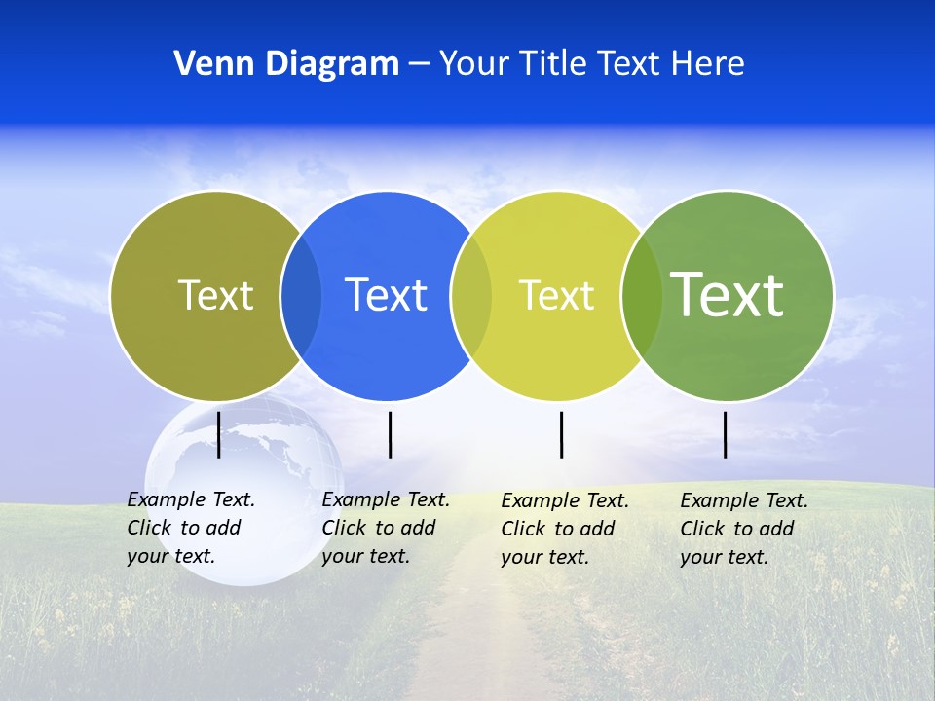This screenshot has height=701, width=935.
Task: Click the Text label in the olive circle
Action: [215, 295]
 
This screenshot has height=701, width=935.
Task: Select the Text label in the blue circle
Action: [386, 295]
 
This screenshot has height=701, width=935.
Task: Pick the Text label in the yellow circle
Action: [556, 295]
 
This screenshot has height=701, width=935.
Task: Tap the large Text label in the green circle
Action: [727, 294]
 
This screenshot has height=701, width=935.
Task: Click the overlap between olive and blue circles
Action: [301, 295]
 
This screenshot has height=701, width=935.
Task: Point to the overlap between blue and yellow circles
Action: [471, 295]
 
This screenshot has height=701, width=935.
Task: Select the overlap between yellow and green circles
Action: [642, 295]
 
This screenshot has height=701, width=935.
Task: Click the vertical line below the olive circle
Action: [219, 434]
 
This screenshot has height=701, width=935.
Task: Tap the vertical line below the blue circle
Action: [390, 434]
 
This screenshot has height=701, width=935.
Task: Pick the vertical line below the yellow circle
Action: [561, 434]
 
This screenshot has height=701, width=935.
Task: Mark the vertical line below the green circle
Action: [726, 434]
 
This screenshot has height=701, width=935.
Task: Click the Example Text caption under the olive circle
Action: [190, 528]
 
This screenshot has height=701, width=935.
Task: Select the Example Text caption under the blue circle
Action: [385, 528]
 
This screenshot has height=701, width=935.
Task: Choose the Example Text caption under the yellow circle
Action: [564, 529]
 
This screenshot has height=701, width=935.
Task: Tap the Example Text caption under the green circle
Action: [743, 529]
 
